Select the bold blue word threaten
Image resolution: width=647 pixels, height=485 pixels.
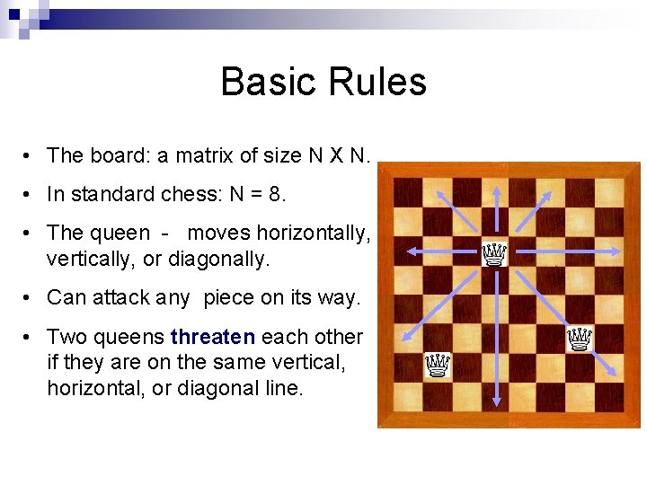click(213, 337)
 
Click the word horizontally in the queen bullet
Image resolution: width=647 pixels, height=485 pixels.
click(313, 234)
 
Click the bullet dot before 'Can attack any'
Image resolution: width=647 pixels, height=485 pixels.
click(30, 297)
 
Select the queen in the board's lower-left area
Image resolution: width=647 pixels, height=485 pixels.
click(438, 365)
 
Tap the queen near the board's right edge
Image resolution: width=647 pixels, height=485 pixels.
click(580, 339)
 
